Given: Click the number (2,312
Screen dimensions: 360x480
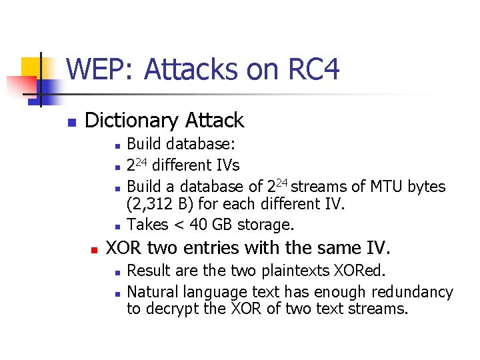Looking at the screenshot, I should [150, 203].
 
